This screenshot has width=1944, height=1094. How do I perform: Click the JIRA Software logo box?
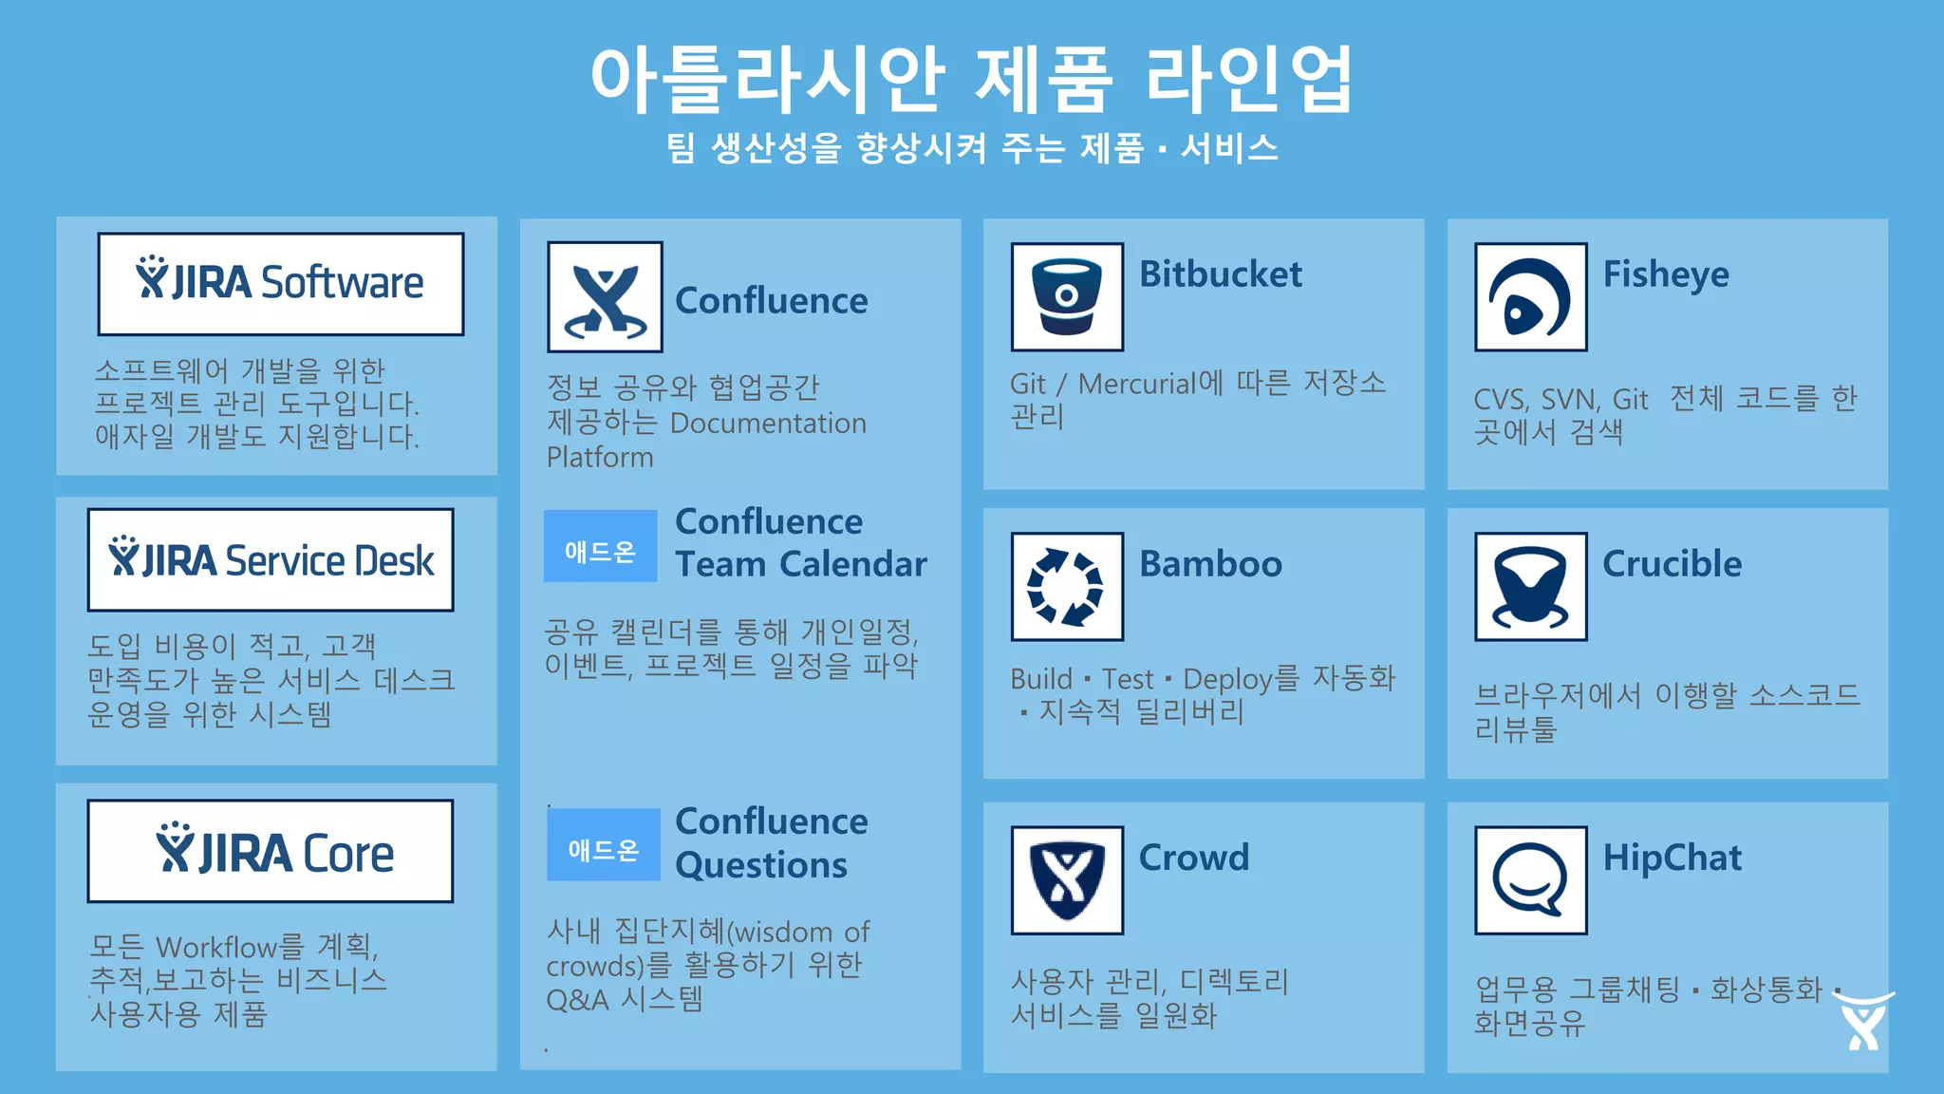281,283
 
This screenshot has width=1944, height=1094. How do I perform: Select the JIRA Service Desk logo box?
271,560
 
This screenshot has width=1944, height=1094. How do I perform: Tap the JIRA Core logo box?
271,851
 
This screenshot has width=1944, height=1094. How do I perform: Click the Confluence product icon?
605,297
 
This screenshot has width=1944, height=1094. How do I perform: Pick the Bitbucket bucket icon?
1067,297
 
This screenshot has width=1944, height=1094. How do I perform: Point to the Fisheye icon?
1530,297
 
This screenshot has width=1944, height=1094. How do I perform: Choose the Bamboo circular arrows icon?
1067,587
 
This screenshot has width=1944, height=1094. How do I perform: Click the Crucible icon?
1530,587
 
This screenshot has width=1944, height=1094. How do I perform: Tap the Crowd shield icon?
1067,880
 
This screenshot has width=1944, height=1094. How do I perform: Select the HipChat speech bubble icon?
1530,880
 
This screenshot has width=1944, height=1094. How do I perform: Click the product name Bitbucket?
1220,274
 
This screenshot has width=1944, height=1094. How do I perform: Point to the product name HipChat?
1672,858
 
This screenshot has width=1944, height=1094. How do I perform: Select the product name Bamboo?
1210,564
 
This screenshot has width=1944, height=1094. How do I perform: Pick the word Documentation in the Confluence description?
768,424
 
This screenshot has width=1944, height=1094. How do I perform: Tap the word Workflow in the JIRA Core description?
216,947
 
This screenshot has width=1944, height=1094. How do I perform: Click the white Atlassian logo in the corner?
1863,1022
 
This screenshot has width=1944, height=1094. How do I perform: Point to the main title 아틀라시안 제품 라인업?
972,78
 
